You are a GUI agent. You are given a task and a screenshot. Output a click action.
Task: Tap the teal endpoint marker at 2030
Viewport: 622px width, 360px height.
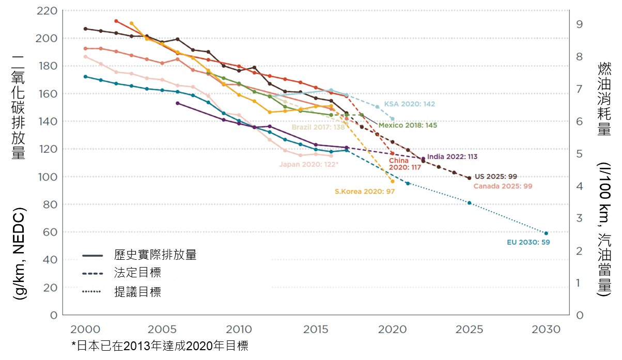pos(546,233)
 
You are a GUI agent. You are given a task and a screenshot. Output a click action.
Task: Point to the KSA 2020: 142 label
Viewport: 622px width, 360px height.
pos(410,104)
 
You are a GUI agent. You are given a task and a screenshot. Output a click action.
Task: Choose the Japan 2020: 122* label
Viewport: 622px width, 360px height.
pos(309,165)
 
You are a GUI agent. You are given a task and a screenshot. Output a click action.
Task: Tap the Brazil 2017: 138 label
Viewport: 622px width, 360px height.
pos(318,127)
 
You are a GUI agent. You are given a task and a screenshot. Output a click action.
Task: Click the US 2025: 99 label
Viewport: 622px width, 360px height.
pos(495,177)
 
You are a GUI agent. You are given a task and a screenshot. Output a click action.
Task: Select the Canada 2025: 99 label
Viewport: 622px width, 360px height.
pos(502,186)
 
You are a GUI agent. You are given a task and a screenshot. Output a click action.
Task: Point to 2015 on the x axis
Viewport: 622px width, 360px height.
pos(315,330)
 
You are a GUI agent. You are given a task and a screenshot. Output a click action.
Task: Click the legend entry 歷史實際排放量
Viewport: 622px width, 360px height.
pos(155,255)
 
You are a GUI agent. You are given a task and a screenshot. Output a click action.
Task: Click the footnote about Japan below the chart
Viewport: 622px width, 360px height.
pos(163,346)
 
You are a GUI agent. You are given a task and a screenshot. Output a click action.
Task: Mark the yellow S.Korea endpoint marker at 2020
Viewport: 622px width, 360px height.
pos(393,181)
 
